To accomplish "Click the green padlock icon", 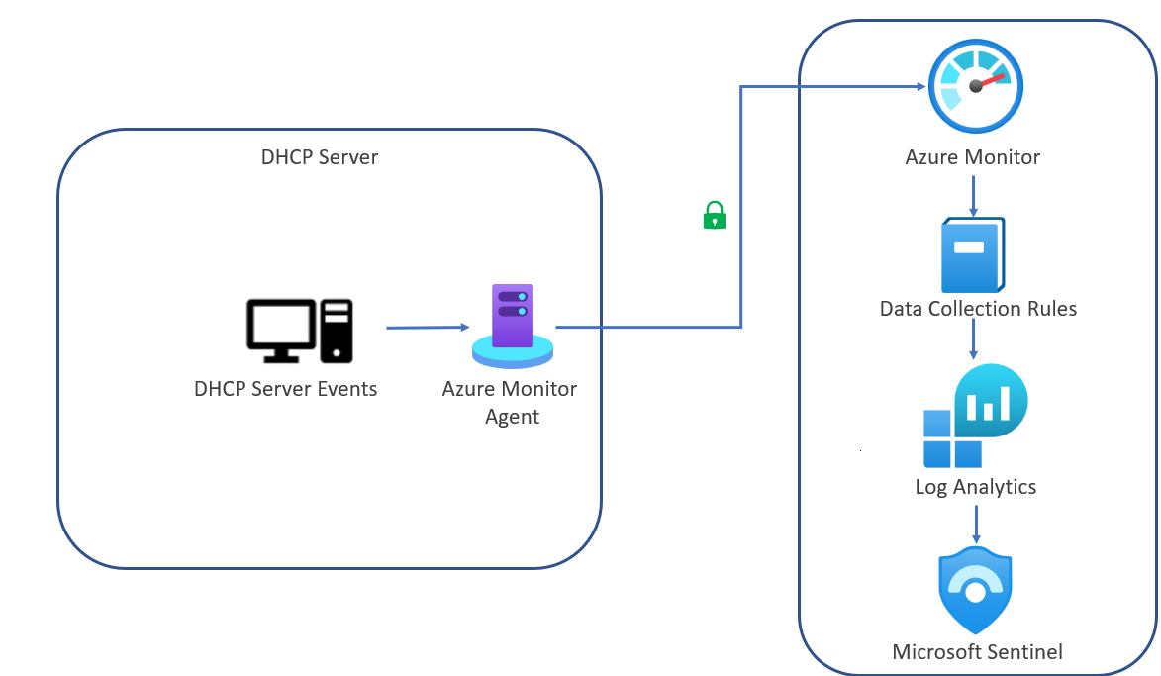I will tap(714, 215).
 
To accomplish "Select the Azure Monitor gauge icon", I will tap(975, 87).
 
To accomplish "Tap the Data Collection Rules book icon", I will tap(972, 253).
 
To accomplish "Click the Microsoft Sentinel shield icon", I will tap(975, 591).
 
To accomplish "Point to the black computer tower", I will tap(337, 330).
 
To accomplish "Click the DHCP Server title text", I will tap(319, 157).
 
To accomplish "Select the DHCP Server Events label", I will tap(285, 389).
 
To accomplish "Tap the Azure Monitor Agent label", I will tap(510, 402).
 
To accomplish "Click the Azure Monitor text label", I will tap(972, 157).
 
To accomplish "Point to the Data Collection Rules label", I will tap(978, 309).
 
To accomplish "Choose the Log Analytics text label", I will tap(975, 487).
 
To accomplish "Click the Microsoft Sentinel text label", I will tap(977, 651).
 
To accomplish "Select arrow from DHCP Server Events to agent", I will tap(427, 327).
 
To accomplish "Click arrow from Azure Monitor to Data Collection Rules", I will tap(974, 196).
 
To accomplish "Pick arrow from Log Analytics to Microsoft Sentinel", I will tap(976, 522).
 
